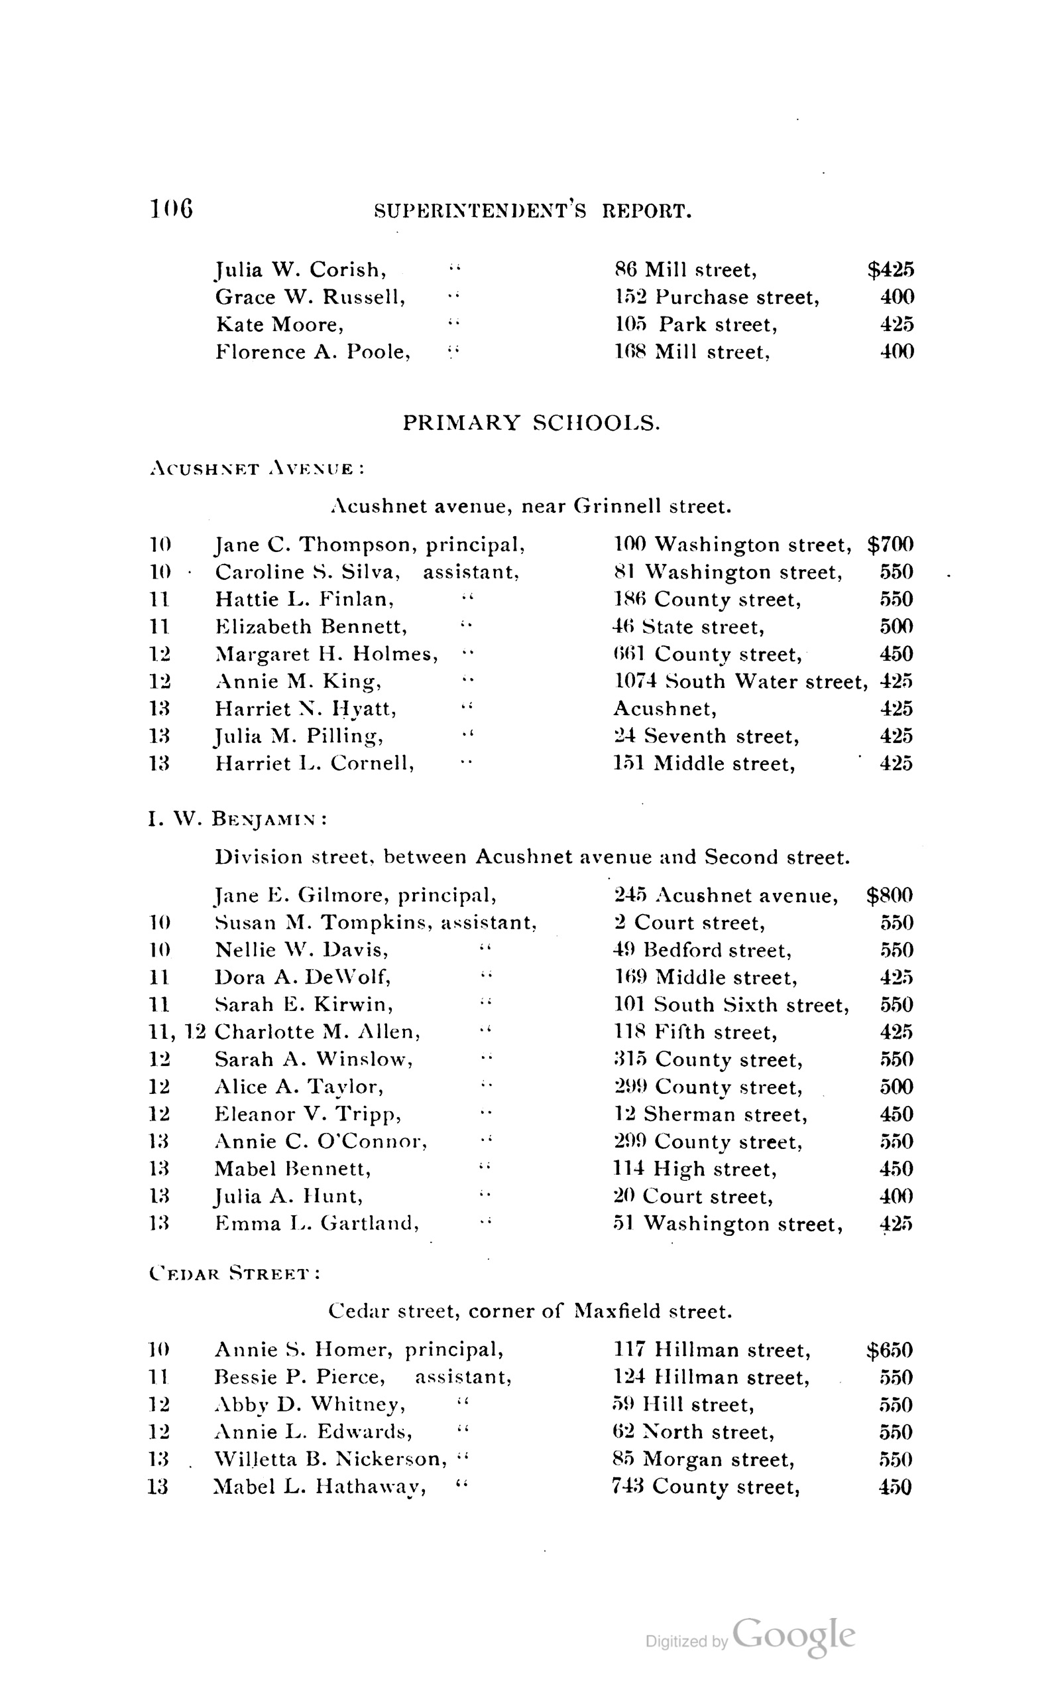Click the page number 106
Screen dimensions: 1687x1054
pos(171,208)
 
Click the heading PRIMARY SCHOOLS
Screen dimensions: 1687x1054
pos(531,423)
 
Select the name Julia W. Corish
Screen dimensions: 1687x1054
pos(300,270)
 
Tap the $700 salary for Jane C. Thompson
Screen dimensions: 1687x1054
pos(890,545)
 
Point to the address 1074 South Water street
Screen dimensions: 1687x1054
pos(740,681)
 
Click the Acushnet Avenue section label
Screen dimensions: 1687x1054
pos(257,469)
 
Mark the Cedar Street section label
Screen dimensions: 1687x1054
pos(234,1274)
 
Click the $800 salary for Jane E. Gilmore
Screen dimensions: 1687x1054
pos(890,896)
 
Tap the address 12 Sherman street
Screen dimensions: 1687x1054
pos(711,1114)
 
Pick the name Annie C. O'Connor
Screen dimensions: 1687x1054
pos(321,1142)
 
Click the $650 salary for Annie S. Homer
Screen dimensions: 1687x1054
pos(890,1351)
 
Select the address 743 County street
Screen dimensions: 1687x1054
pos(705,1487)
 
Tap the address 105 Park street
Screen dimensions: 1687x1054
pos(695,325)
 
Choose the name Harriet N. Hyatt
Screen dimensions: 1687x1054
pos(306,709)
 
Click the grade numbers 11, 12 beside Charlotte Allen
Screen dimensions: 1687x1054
pos(177,1032)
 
